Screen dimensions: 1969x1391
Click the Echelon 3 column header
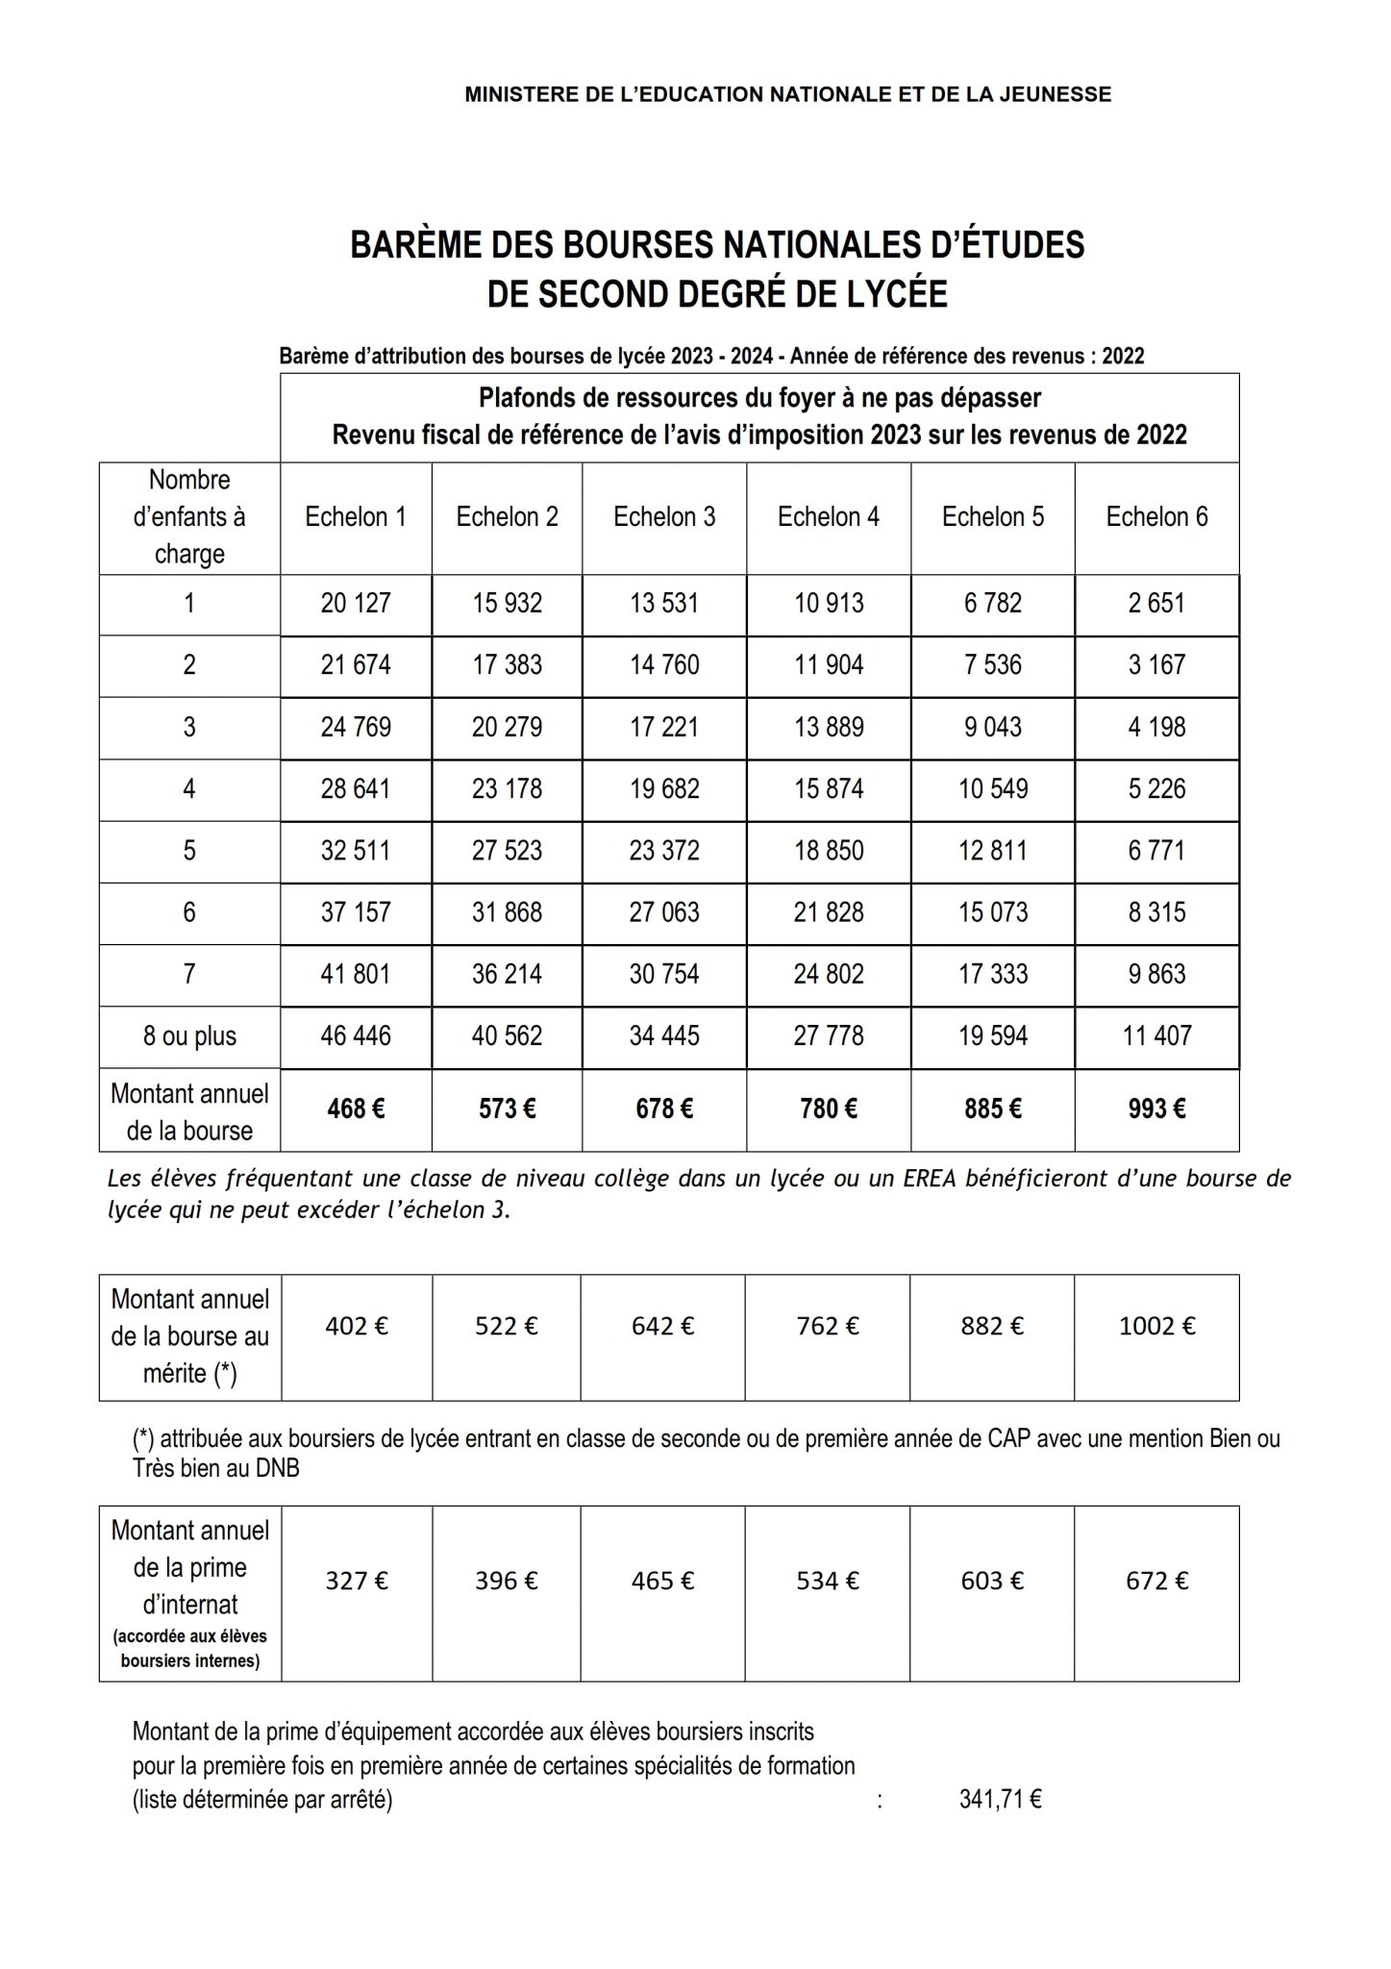664,517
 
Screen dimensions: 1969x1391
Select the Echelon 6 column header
1156,517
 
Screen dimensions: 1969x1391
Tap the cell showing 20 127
356,604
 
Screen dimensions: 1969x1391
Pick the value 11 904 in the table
829,665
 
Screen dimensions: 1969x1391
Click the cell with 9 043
993,727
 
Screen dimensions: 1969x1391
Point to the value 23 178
507,789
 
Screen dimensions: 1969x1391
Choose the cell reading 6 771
1156,851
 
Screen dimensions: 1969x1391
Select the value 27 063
664,912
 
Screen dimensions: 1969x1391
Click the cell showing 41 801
356,975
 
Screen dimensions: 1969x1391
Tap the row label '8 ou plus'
189,1036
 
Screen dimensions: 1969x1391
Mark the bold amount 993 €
1156,1109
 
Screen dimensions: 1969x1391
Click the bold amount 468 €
356,1109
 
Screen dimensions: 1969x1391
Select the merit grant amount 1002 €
1156,1327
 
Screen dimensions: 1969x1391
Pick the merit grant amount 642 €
663,1327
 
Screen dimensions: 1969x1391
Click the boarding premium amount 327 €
356,1582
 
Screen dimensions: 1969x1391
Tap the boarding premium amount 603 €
992,1582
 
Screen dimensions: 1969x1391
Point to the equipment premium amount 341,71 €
1000,1800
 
